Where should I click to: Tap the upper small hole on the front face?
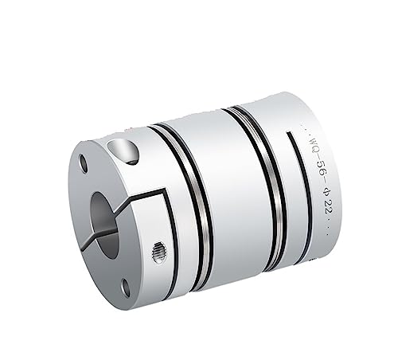(84, 164)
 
